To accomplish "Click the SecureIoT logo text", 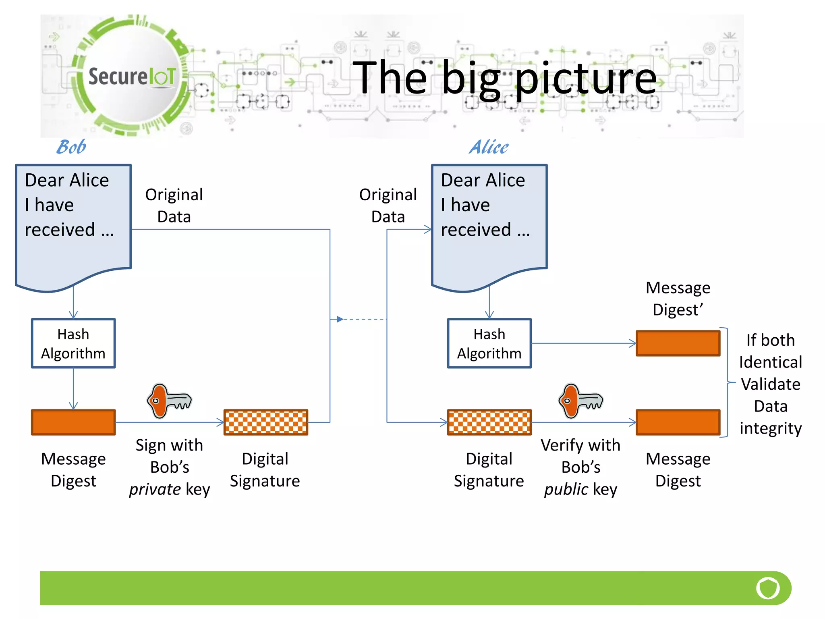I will [x=132, y=76].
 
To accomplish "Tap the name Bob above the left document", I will [x=71, y=147].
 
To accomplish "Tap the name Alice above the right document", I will [x=489, y=147].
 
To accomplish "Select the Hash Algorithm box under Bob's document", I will [x=73, y=343].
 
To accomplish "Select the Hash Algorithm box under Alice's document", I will [x=489, y=343].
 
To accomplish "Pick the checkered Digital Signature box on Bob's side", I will [x=265, y=422].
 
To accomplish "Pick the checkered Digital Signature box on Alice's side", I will [x=489, y=422].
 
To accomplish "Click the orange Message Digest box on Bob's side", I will [x=73, y=422].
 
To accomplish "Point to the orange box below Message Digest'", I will [x=678, y=343].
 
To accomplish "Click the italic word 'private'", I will [x=155, y=490].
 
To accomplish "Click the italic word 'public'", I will [x=566, y=490].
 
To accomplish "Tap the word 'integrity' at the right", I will [x=770, y=428].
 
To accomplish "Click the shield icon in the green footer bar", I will [x=767, y=588].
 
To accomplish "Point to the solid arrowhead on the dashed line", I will [x=340, y=319].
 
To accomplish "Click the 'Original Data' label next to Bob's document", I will [x=174, y=206].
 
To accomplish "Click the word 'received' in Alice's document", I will [x=475, y=230].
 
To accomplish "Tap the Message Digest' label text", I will [x=678, y=299].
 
